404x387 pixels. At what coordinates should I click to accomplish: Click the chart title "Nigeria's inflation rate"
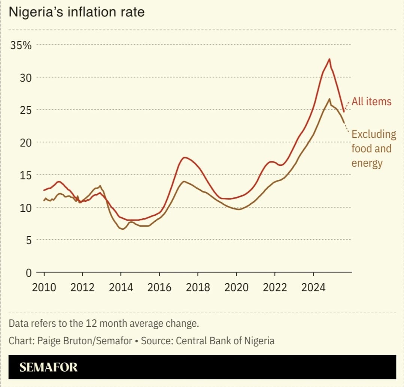click(76, 12)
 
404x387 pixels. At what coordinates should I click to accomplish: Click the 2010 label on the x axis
click(44, 287)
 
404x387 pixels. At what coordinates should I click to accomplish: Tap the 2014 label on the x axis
click(121, 287)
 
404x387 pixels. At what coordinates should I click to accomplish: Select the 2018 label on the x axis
click(198, 287)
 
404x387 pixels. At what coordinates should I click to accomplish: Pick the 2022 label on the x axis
click(274, 287)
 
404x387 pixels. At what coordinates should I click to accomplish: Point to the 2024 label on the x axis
click(313, 287)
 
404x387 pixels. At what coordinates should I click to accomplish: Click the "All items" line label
click(371, 102)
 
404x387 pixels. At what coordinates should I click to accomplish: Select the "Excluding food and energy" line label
click(373, 148)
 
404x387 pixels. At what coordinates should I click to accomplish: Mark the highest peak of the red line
click(329, 59)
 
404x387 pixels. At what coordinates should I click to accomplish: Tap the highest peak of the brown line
click(329, 99)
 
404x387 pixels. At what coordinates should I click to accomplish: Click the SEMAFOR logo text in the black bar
click(48, 367)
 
